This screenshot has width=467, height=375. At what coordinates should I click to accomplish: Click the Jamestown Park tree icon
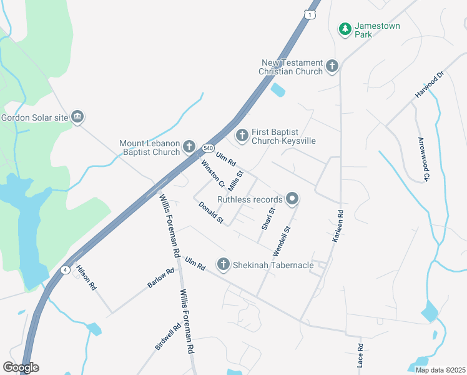[345, 29]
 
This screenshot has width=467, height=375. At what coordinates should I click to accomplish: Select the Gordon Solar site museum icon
[78, 117]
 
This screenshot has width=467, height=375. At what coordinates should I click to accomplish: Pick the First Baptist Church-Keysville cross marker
[242, 135]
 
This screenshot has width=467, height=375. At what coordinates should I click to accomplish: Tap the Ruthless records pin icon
[292, 199]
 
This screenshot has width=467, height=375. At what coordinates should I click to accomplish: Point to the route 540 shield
[207, 148]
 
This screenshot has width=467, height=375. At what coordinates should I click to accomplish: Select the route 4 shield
[65, 269]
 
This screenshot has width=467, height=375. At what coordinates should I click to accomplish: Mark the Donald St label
[211, 213]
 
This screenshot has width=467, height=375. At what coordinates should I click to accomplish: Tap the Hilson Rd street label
[86, 278]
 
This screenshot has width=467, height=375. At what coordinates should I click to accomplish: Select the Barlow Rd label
[161, 278]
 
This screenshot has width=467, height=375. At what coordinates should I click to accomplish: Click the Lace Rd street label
[360, 355]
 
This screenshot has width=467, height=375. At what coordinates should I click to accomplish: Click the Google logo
[21, 367]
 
